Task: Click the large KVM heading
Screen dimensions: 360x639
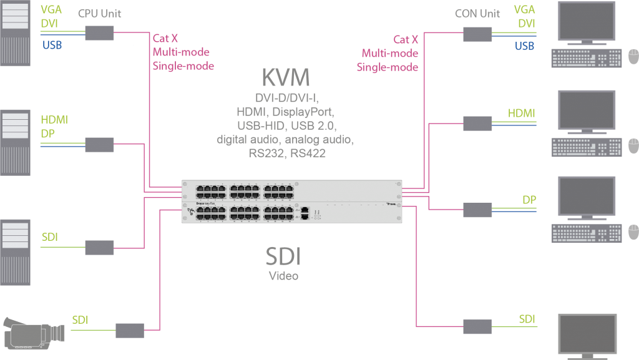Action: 285,78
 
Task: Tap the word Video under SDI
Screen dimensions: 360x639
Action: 283,276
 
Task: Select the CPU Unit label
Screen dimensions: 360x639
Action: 100,13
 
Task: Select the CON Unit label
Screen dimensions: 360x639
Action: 478,13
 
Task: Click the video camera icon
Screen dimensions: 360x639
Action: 34,331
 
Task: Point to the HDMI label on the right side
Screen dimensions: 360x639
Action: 522,113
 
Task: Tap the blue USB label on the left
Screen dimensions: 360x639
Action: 52,45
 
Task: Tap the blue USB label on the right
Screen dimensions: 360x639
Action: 524,46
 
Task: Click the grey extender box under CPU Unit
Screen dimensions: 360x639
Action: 99,33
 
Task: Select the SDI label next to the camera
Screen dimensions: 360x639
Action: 80,320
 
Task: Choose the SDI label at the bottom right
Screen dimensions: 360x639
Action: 527,319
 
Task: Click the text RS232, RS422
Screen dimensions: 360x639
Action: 285,152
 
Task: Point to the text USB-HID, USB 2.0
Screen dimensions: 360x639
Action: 285,126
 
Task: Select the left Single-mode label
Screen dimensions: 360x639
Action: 183,66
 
